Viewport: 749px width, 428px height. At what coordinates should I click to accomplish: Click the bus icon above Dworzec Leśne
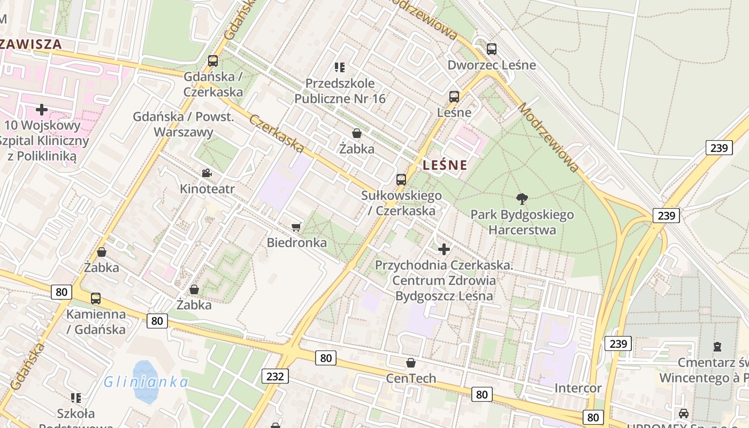(x=492, y=49)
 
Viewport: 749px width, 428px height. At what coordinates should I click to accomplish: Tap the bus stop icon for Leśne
(x=454, y=97)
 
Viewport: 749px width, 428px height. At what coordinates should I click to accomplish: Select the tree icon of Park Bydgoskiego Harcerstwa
(x=522, y=199)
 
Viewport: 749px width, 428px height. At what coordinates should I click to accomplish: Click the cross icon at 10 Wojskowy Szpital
(x=41, y=110)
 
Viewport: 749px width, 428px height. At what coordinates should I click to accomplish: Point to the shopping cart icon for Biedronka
(x=296, y=227)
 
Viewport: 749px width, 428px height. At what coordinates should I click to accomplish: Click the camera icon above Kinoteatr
(x=207, y=173)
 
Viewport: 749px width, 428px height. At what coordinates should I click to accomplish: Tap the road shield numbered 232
(x=275, y=376)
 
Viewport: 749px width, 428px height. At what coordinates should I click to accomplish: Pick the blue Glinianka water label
(x=146, y=382)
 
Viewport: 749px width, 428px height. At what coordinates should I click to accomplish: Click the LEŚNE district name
(x=445, y=165)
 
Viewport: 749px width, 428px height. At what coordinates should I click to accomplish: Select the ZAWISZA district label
(x=31, y=44)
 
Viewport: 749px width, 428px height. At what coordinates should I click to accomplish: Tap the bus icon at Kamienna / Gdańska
(x=96, y=299)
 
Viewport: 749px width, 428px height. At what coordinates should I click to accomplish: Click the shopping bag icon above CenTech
(x=411, y=363)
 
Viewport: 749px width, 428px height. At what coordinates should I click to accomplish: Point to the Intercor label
(x=578, y=388)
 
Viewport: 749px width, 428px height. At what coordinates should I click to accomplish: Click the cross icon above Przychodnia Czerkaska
(x=444, y=249)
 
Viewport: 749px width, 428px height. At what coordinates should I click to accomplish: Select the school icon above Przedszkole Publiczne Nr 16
(x=340, y=67)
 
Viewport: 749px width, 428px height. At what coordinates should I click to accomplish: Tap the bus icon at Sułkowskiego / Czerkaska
(x=401, y=180)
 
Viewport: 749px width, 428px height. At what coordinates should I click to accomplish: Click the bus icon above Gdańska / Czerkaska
(x=213, y=61)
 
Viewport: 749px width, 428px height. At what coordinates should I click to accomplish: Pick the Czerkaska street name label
(x=277, y=133)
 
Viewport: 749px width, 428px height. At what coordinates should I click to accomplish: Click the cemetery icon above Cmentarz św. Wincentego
(x=717, y=347)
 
